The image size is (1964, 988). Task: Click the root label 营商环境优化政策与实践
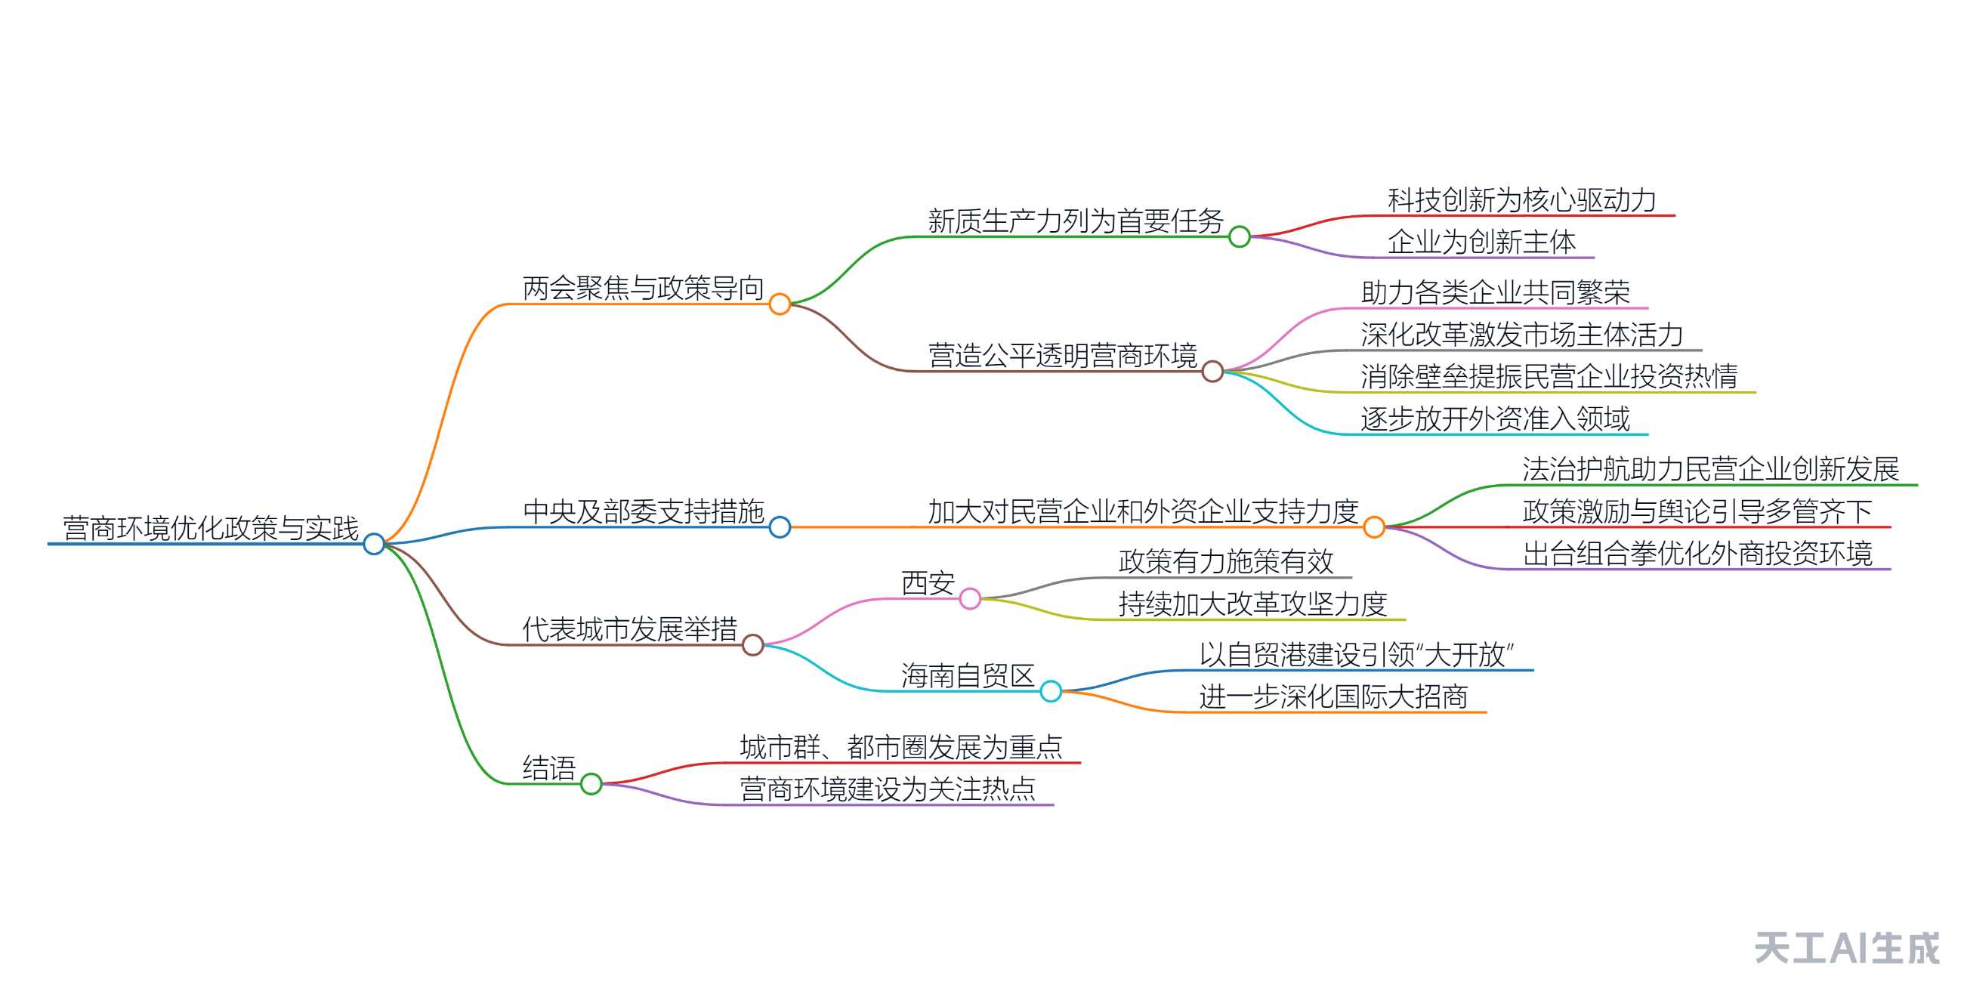pos(211,527)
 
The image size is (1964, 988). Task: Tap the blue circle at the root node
pos(374,544)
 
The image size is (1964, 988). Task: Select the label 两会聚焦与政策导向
pos(643,289)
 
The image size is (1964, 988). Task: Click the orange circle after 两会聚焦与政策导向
pos(780,304)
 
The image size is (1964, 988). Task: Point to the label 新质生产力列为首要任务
pos(1075,221)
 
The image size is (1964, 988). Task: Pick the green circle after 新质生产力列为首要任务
pos(1240,237)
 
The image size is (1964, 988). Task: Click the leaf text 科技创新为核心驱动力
pos(1522,200)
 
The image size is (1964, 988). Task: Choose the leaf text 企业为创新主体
pos(1481,242)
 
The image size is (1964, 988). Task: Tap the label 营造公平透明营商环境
pos(1062,355)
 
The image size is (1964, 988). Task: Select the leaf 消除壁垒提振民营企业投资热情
pos(1549,377)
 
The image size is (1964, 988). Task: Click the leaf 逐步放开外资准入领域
pos(1495,418)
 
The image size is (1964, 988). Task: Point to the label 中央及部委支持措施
pos(643,511)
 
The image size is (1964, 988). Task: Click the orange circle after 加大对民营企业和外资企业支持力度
pos(1374,526)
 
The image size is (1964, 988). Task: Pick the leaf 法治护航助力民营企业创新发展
pos(1710,469)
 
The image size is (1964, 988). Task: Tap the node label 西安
pos(928,583)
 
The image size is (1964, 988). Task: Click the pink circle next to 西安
pos(970,598)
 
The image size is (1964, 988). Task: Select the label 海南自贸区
pos(968,675)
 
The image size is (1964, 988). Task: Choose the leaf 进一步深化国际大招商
pos(1333,696)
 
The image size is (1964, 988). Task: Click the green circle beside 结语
pos(591,784)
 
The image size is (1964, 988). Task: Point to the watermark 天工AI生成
pos(1847,949)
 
